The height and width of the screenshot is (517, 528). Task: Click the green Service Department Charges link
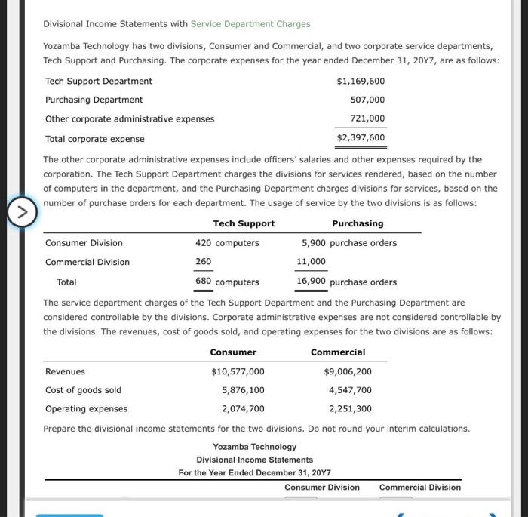pyautogui.click(x=250, y=24)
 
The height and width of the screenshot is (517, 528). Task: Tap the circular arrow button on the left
pyautogui.click(x=21, y=213)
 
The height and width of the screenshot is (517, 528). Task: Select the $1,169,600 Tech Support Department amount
pyautogui.click(x=360, y=82)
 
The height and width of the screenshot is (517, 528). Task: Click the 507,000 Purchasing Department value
pyautogui.click(x=367, y=100)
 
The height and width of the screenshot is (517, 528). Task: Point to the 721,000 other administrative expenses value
pyautogui.click(x=367, y=118)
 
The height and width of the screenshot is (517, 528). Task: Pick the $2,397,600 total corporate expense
pyautogui.click(x=360, y=138)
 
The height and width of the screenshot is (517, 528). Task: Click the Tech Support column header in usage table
pyautogui.click(x=244, y=224)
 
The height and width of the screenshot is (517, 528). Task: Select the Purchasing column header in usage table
pyautogui.click(x=358, y=224)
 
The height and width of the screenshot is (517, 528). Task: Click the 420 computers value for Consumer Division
pyautogui.click(x=227, y=243)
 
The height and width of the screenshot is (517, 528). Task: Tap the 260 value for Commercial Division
pyautogui.click(x=204, y=262)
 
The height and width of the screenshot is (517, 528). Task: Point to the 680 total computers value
pyautogui.click(x=204, y=282)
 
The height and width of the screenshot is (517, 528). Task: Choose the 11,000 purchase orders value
pyautogui.click(x=312, y=262)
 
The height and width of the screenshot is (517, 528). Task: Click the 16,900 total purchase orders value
pyautogui.click(x=312, y=282)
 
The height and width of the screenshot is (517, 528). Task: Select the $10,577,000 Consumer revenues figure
pyautogui.click(x=238, y=372)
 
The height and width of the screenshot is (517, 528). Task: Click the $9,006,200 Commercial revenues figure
pyautogui.click(x=347, y=372)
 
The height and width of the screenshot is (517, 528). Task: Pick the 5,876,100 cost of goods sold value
pyautogui.click(x=243, y=390)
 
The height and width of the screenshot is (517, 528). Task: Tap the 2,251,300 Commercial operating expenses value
pyautogui.click(x=350, y=409)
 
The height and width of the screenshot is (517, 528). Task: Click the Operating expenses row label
pyautogui.click(x=86, y=409)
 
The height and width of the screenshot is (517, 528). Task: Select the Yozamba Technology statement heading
pyautogui.click(x=254, y=447)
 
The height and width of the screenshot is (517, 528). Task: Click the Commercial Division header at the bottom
pyautogui.click(x=419, y=488)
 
